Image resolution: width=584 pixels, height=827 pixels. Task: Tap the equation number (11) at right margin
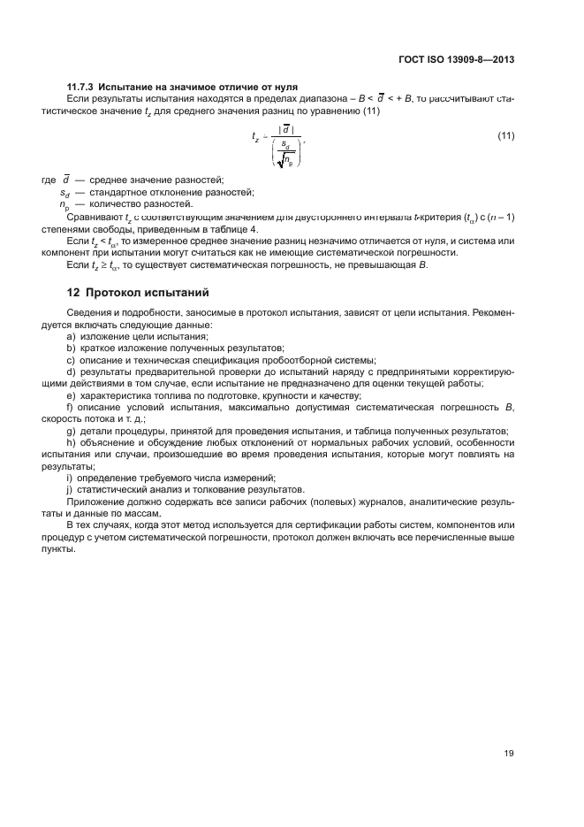[507, 135]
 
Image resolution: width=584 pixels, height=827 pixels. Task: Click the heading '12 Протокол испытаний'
[139, 292]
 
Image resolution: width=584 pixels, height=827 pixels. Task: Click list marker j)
[70, 488]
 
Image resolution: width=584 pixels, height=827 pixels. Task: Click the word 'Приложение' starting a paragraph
[92, 500]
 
